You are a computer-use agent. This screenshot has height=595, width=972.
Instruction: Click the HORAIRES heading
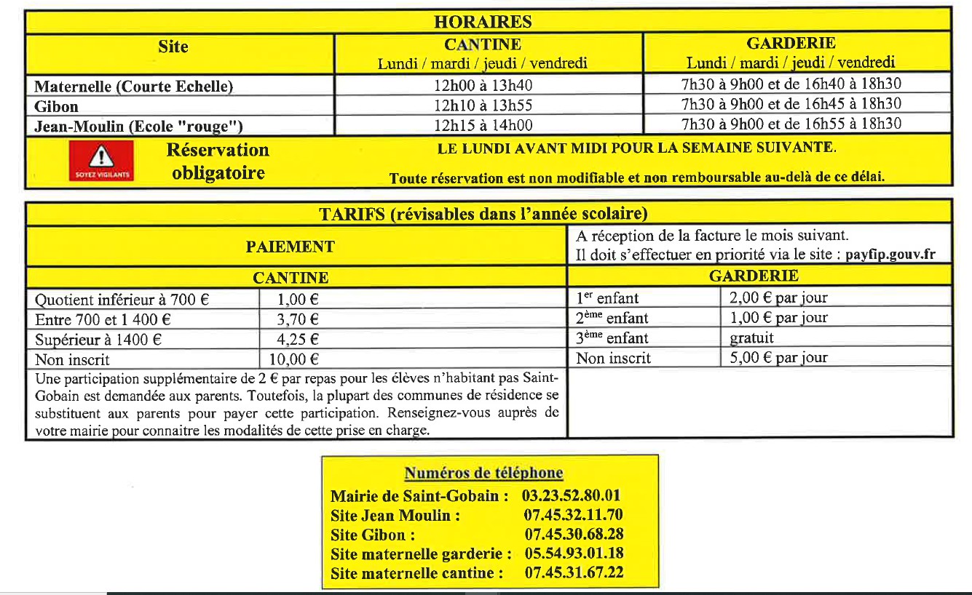tap(483, 22)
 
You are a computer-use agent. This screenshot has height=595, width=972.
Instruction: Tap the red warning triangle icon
tap(101, 159)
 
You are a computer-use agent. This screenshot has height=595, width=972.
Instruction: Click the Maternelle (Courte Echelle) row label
tap(134, 87)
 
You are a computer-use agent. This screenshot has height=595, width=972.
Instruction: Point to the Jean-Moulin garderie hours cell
tap(791, 124)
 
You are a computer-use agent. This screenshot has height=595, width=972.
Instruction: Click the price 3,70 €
tap(298, 319)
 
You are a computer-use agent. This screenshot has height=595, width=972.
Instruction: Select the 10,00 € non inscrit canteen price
tap(299, 359)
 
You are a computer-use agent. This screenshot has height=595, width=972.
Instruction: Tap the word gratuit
tap(751, 338)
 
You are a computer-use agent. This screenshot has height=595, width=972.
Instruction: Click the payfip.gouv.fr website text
tap(890, 255)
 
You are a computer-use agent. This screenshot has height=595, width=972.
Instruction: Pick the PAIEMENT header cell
tap(290, 247)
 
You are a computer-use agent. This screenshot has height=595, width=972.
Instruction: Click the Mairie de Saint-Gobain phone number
tap(572, 496)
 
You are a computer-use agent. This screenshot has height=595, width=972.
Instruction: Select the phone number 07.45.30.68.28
tap(574, 535)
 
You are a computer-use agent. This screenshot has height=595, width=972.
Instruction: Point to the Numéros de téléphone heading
tap(483, 473)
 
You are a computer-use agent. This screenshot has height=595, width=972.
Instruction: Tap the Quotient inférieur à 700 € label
tap(122, 299)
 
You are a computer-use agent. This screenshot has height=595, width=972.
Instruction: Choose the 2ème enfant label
tap(612, 318)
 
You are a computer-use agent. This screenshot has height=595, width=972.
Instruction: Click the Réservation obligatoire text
tap(218, 161)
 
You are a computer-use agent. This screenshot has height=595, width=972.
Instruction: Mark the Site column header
tap(173, 47)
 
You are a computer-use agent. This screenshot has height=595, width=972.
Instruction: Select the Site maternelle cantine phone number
tap(574, 572)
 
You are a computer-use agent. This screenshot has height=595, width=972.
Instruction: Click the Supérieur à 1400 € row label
tap(98, 339)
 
